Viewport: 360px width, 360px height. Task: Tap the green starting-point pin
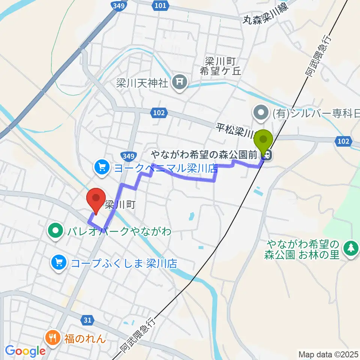264,142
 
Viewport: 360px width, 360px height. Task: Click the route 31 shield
87,320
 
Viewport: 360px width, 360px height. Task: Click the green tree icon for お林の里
351,249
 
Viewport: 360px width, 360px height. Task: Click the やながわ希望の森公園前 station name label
205,154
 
